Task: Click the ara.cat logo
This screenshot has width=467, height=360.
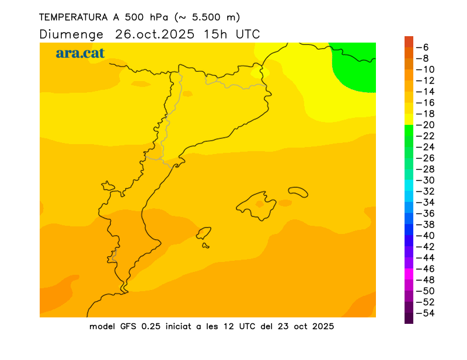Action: point(80,53)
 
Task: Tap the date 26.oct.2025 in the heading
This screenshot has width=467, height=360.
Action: point(155,34)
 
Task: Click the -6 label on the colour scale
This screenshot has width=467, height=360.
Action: point(426,47)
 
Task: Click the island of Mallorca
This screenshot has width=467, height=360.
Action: point(257,206)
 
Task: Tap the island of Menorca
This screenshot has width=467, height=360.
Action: point(298,191)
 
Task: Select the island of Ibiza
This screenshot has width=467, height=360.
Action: point(204,234)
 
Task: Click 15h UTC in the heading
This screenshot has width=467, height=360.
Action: point(232,34)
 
